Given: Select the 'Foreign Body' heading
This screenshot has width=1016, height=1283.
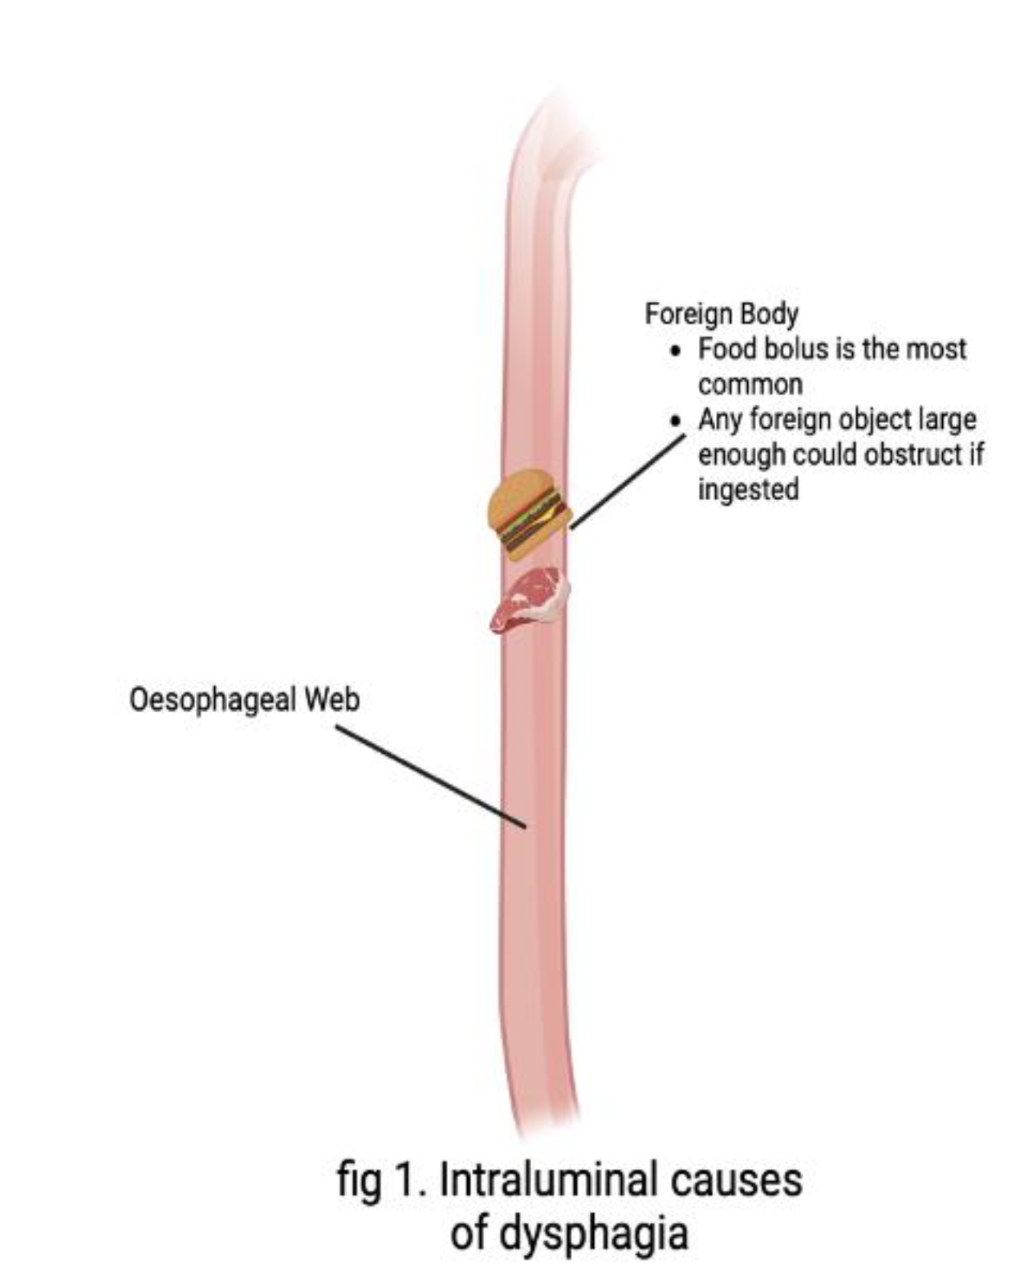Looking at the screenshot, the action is pos(721,313).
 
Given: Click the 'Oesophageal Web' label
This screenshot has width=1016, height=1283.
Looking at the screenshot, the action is pos(244,700).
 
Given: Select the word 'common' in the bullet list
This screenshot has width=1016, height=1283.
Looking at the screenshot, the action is pos(750,385).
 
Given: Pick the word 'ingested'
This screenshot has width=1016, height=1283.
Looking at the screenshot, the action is pos(748,489).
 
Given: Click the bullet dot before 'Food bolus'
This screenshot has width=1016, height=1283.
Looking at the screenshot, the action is pos(679,351).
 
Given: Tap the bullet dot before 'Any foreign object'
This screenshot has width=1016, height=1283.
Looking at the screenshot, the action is pos(679,421).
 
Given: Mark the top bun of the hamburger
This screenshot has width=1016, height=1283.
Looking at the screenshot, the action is pos(519,492).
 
